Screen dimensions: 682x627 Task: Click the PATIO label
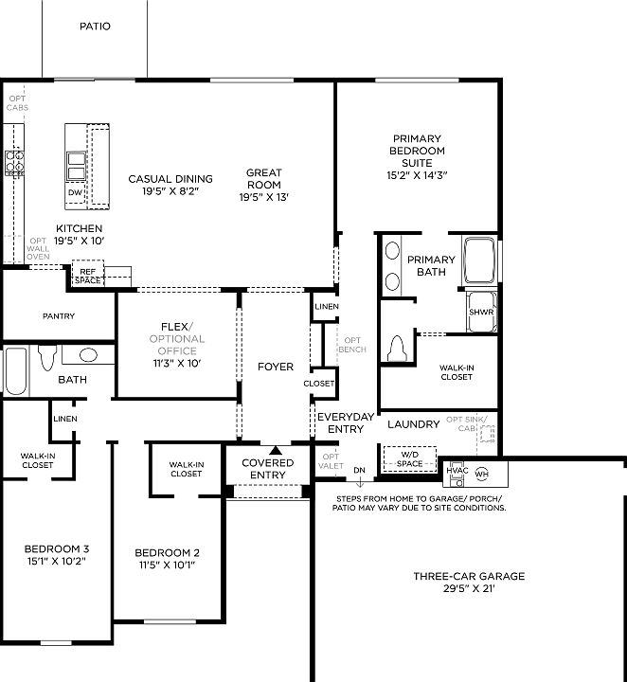[94, 27]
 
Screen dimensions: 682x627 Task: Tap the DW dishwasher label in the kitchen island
[75, 192]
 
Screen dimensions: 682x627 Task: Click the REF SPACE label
[88, 277]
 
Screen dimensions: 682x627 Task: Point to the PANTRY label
[59, 316]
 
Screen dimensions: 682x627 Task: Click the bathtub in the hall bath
[15, 371]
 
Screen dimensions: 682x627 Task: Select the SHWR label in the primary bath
[481, 312]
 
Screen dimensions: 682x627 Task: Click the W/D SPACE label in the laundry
[409, 459]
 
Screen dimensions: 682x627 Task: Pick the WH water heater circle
[481, 473]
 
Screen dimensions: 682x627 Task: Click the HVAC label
[458, 470]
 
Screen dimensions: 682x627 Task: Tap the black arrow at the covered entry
[275, 451]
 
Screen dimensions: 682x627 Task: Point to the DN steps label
[359, 470]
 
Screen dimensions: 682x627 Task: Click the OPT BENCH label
[352, 345]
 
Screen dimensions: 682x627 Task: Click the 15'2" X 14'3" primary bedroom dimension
[416, 175]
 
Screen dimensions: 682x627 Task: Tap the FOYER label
[275, 367]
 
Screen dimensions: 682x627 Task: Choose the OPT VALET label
[331, 461]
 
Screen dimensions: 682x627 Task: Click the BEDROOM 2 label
[167, 553]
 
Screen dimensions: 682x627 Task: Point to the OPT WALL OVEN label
[39, 249]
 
